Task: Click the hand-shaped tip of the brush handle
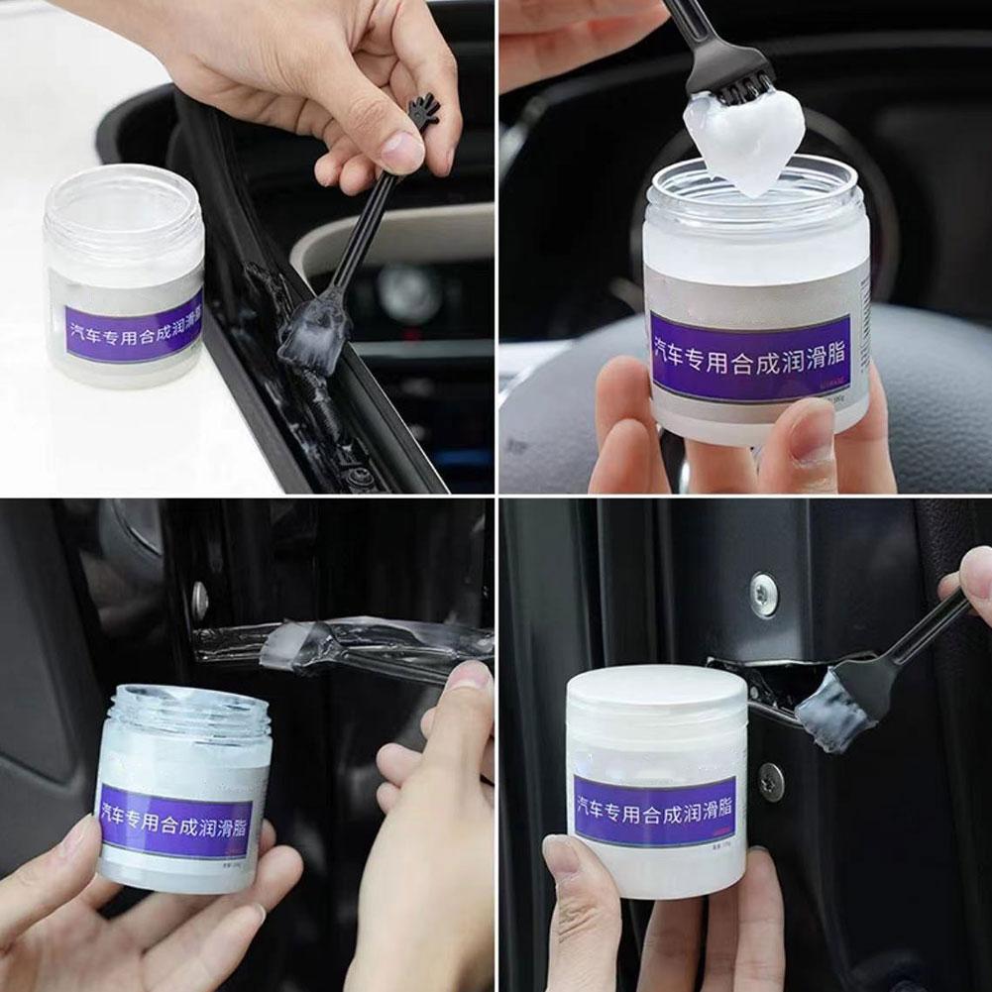pos(424,111)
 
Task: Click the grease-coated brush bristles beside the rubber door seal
pos(313,337)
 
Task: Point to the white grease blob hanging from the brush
pos(745,136)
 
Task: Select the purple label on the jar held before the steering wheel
pos(750,357)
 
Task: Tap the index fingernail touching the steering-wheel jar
pos(812,433)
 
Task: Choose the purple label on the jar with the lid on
pos(654,810)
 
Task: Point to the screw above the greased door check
pos(763,595)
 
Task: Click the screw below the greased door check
pos(771,782)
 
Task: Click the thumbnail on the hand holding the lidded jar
pos(562,859)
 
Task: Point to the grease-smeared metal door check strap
pos(337,640)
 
